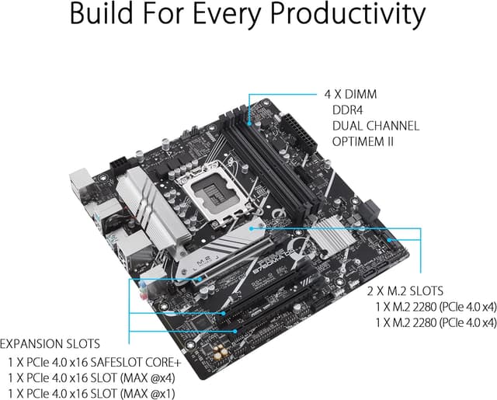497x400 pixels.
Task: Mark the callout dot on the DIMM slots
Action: pos(249,122)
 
